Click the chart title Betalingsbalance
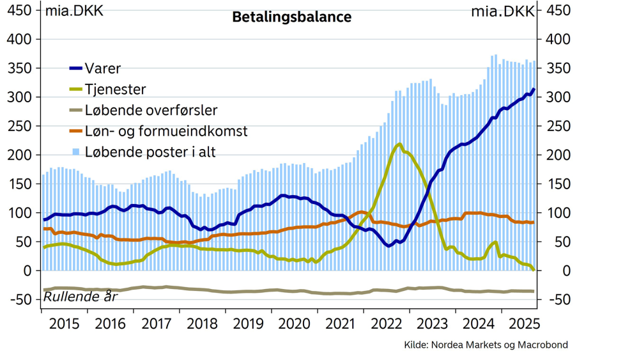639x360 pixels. tap(291, 17)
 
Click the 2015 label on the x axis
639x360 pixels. tap(64, 323)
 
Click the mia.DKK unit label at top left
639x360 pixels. tap(74, 11)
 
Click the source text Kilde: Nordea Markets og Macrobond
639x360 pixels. tap(486, 345)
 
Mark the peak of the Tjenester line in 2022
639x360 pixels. tap(399, 144)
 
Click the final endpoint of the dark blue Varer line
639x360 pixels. tap(534, 90)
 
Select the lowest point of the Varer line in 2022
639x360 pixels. tap(389, 246)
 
